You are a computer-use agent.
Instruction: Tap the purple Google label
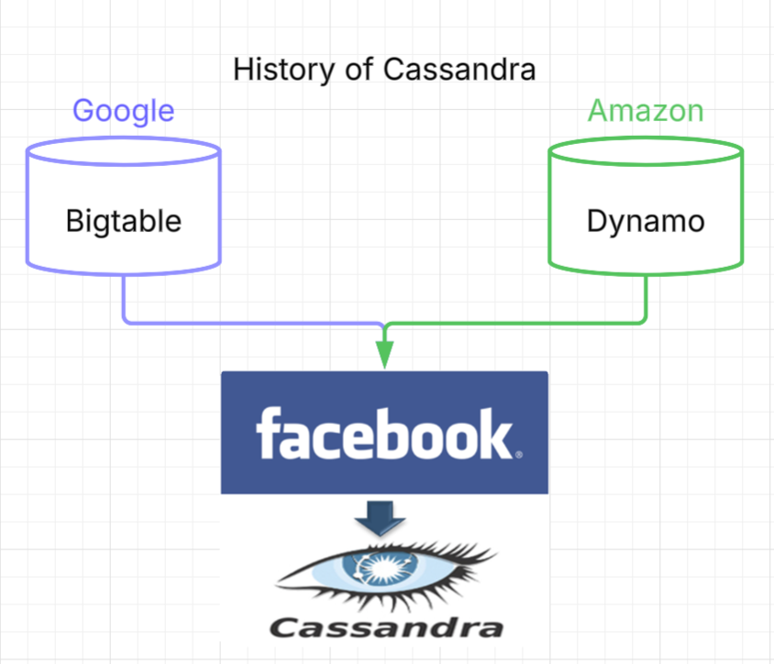[x=123, y=111]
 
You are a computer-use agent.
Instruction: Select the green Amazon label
[x=646, y=111]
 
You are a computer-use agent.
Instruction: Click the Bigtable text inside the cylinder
[x=124, y=221]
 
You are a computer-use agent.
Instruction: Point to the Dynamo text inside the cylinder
[x=646, y=221]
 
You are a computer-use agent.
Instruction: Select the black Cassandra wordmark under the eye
[x=385, y=627]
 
